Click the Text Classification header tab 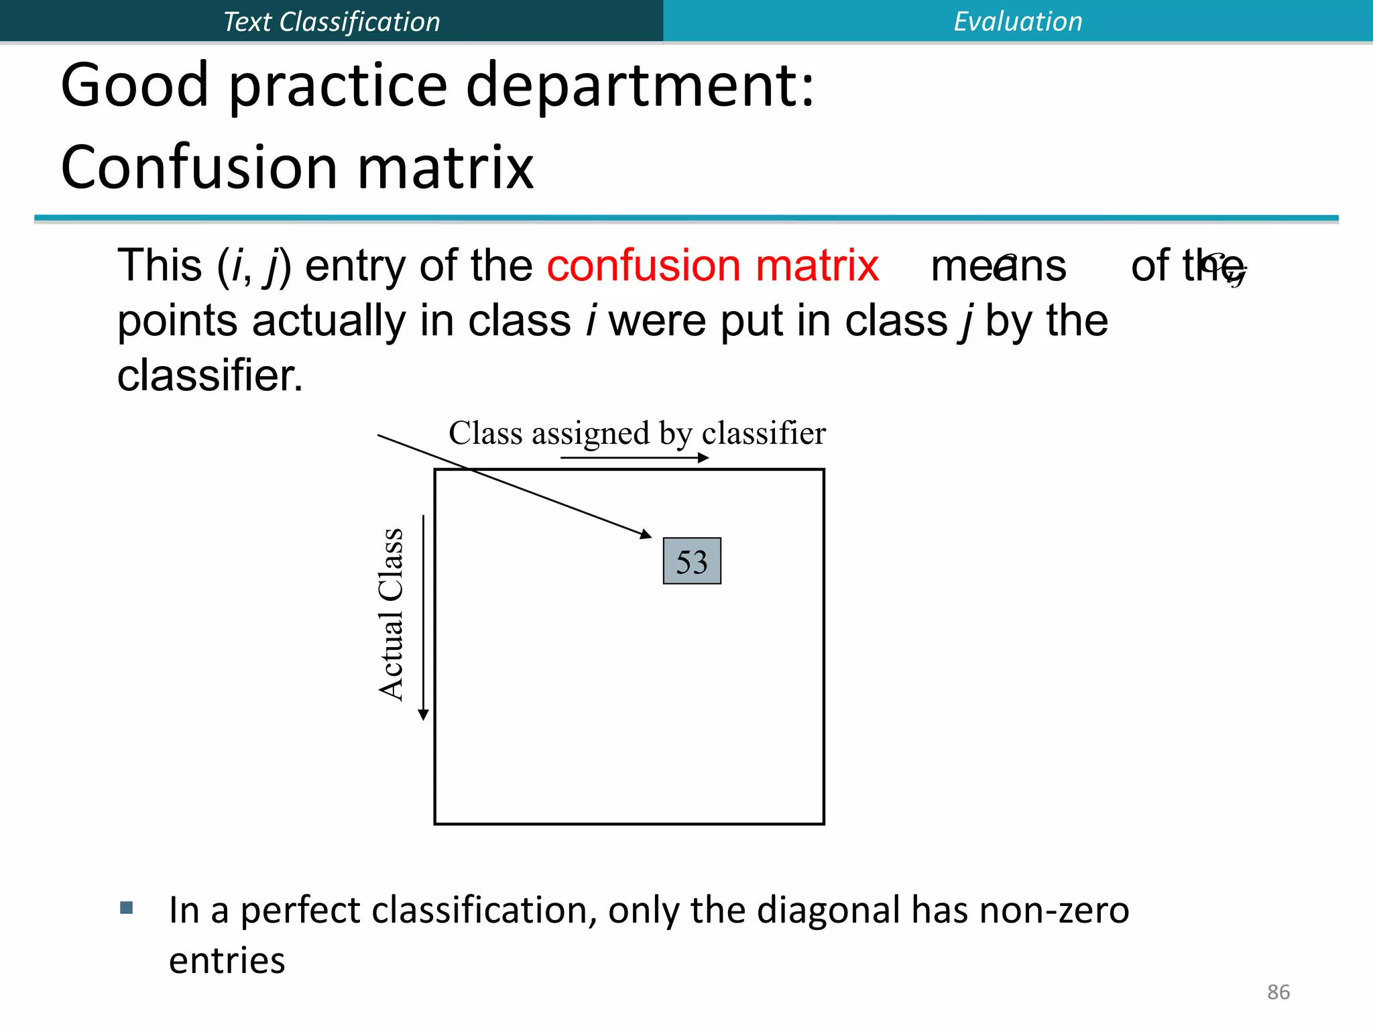click(x=331, y=21)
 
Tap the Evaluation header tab click(x=1018, y=21)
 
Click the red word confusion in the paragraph click(x=643, y=266)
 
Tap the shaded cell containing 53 click(x=692, y=561)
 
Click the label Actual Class click(x=392, y=614)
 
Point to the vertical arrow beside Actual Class click(x=423, y=617)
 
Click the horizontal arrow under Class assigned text click(x=634, y=458)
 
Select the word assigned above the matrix click(x=591, y=434)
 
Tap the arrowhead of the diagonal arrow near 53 click(x=646, y=534)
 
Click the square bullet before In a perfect click(x=127, y=908)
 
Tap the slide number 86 click(x=1278, y=992)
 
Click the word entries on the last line click(x=227, y=961)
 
